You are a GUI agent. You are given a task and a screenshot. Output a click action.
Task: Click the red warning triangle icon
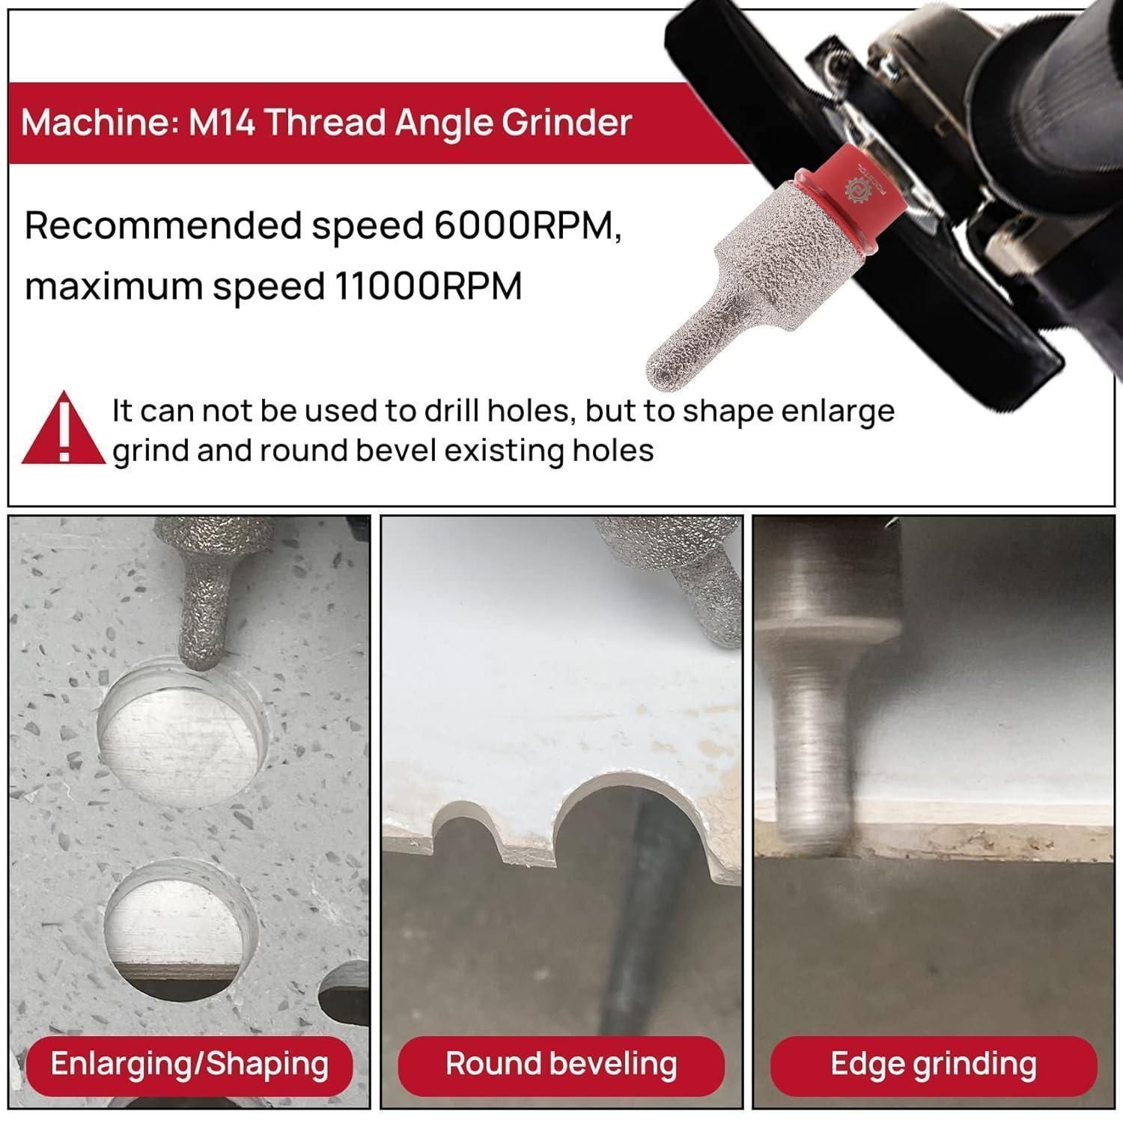64,427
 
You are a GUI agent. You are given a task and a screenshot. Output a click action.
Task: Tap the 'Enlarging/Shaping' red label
189,1064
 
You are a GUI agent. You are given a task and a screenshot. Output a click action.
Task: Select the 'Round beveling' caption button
561,1064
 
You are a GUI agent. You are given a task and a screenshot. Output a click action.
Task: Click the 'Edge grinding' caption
934,1064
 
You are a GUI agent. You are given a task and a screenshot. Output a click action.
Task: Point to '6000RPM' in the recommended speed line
527,225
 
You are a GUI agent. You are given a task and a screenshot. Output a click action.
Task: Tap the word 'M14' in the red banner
220,122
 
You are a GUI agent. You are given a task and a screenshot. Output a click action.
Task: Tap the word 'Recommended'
163,225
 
